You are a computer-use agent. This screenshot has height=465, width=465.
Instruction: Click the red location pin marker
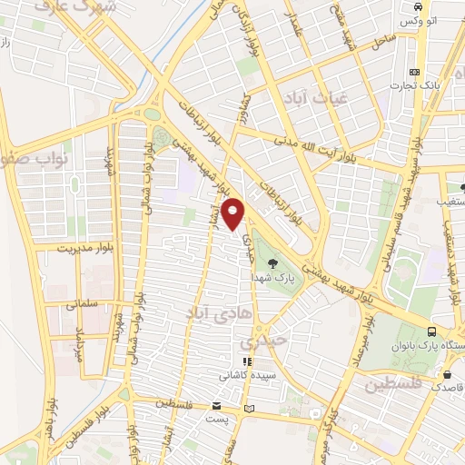click(234, 214)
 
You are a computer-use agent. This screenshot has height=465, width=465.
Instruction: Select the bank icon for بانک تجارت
click(415, 72)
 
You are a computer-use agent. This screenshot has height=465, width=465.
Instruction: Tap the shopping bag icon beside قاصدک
click(447, 373)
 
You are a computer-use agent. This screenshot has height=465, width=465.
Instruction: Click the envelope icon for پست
click(216, 405)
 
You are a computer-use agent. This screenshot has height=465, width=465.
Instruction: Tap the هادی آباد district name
click(185, 313)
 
